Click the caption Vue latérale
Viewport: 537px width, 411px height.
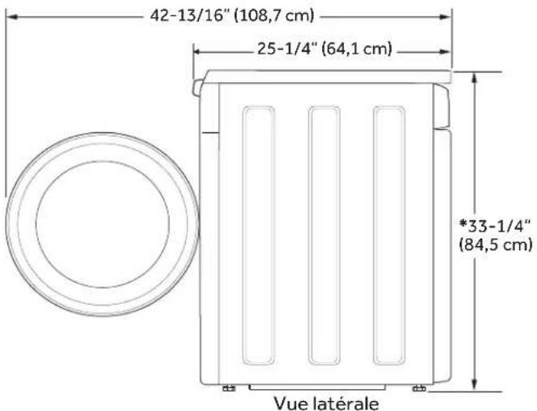tap(325, 401)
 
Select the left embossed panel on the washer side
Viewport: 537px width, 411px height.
tap(260, 236)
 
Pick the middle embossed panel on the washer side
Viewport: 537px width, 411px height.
tap(324, 236)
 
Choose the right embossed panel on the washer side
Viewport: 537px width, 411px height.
tap(390, 236)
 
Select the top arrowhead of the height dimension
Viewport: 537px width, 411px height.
tap(475, 76)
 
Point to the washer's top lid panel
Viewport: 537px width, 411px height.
tap(324, 76)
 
